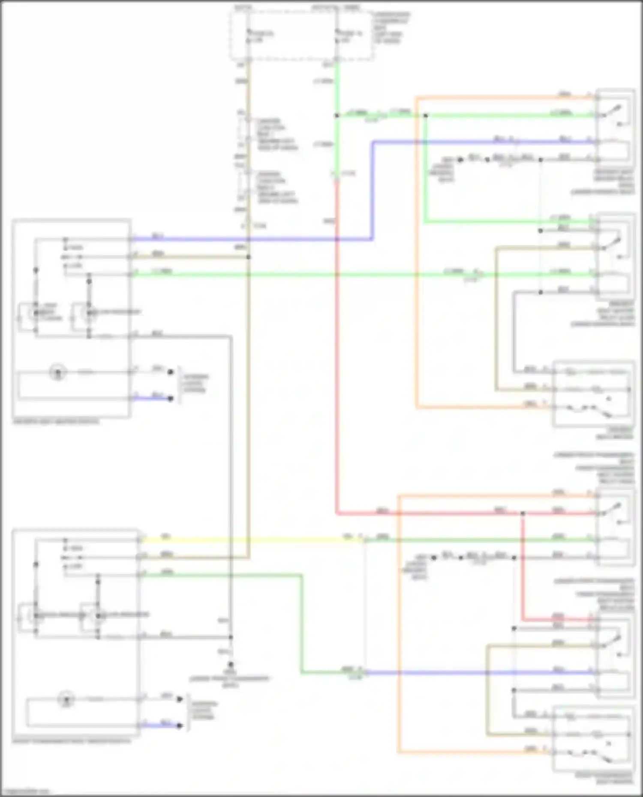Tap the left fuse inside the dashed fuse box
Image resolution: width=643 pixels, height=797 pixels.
click(249, 36)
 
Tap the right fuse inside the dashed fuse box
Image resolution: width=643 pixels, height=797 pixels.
click(337, 36)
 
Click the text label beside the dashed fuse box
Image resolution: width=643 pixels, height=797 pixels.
click(390, 28)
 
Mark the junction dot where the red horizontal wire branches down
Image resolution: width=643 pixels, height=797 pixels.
click(523, 513)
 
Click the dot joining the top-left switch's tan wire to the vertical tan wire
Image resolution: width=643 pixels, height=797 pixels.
click(249, 257)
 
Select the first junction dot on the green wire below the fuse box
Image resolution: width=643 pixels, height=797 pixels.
click(337, 115)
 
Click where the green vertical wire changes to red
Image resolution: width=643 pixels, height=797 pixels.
click(337, 180)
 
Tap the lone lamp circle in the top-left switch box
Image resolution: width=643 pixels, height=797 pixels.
click(58, 372)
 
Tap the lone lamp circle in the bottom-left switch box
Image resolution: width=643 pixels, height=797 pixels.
click(66, 699)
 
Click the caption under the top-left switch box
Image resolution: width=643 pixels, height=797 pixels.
click(56, 421)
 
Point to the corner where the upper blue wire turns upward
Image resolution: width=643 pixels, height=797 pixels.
click(372, 239)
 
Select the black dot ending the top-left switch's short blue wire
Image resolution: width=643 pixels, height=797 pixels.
click(171, 398)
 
